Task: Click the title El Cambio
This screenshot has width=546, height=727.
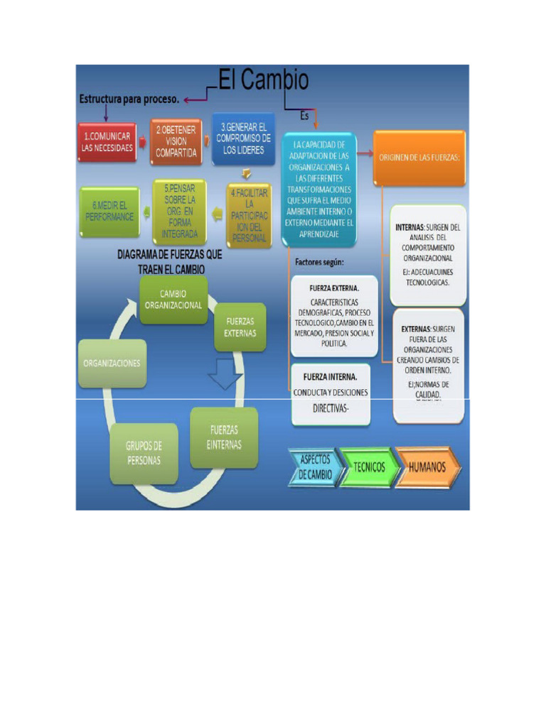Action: point(264,81)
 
